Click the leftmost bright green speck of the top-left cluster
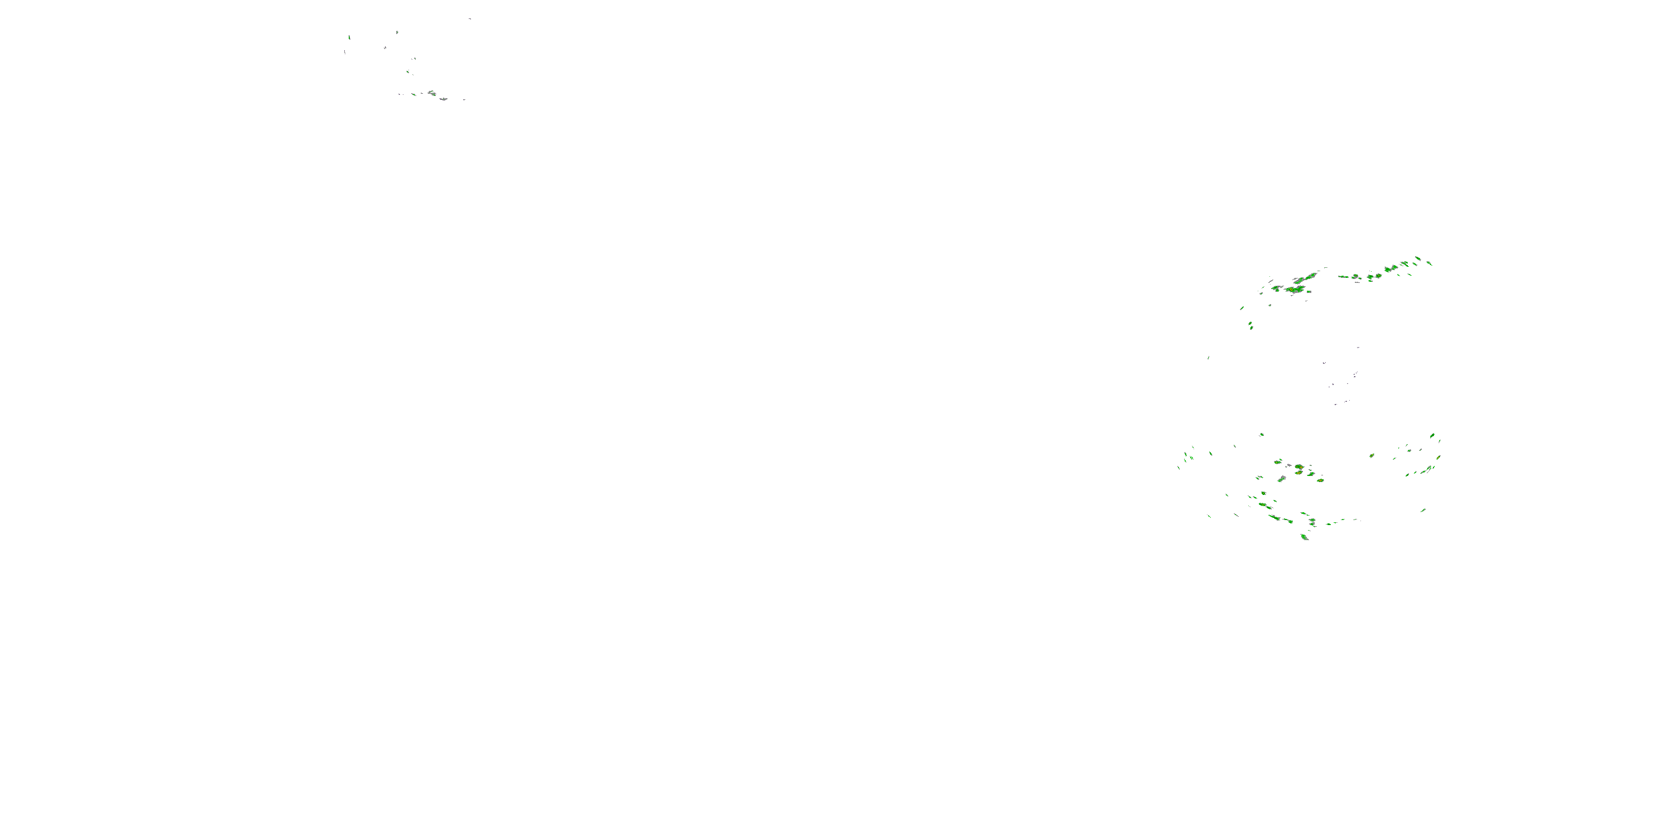point(350,37)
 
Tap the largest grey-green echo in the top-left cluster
point(431,93)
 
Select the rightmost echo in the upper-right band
point(1429,263)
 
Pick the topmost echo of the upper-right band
point(1417,258)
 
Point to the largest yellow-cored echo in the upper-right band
point(1298,289)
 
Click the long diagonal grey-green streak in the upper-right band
point(1306,277)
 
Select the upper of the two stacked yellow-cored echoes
point(1299,466)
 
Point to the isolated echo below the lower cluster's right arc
point(1423,510)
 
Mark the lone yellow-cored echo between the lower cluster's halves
point(1372,455)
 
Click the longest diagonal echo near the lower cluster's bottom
point(1274,518)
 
